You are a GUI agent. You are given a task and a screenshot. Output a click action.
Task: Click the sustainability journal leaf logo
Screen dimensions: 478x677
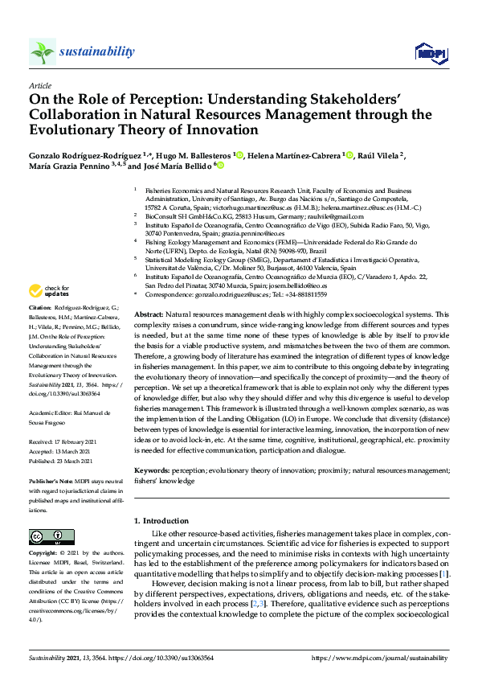[x=42, y=52]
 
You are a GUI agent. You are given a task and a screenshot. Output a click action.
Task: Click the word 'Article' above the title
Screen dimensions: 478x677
[x=39, y=85]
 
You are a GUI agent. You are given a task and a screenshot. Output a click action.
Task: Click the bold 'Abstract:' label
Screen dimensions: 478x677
[x=149, y=314]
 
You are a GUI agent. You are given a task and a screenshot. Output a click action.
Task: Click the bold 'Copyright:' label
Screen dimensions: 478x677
[x=44, y=555]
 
